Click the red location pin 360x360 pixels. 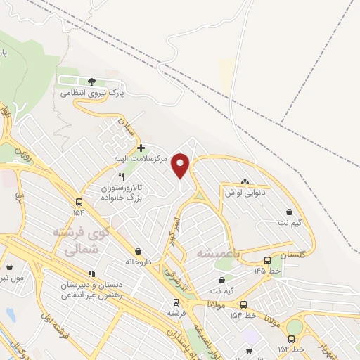[x=181, y=165]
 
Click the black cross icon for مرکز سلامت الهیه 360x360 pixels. [x=141, y=148]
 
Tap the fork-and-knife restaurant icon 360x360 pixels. [x=122, y=177]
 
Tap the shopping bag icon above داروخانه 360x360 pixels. [x=138, y=251]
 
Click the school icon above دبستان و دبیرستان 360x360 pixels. [x=91, y=274]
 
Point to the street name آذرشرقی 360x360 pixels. [x=177, y=276]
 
